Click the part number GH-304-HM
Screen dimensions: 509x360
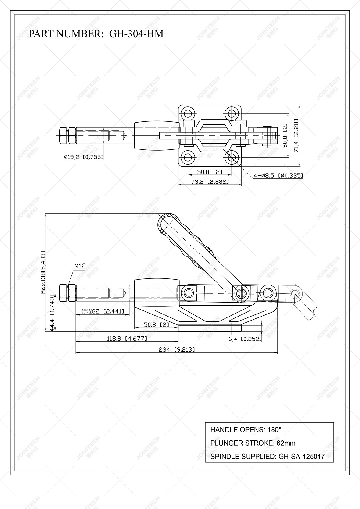(x=136, y=34)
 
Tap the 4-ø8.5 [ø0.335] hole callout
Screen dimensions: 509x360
(x=278, y=176)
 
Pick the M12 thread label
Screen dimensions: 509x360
(x=80, y=266)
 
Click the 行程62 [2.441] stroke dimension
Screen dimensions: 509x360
(x=103, y=311)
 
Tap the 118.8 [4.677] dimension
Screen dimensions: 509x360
(x=127, y=339)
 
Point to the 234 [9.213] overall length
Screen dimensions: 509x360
(x=176, y=349)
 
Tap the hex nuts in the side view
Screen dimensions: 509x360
(x=67, y=293)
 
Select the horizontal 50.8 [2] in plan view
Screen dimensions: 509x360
(x=210, y=172)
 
